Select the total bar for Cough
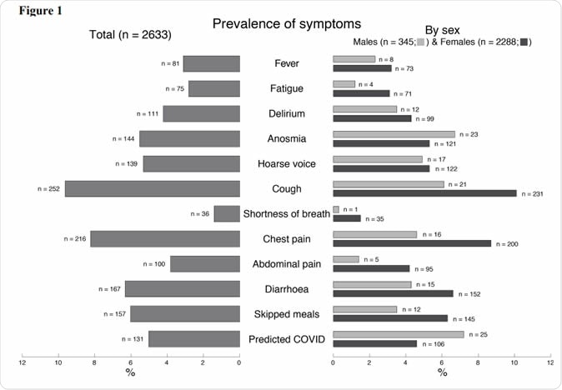tap(153, 188)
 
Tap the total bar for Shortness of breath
tap(227, 213)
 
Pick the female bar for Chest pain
tap(412, 243)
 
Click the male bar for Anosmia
tap(394, 134)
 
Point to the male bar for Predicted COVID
tap(398, 334)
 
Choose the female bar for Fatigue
tap(361, 93)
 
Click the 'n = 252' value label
tap(50, 189)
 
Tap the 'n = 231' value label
tap(532, 193)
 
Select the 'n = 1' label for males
tap(353, 209)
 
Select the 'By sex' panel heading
tap(442, 29)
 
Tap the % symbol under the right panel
tap(442, 372)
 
